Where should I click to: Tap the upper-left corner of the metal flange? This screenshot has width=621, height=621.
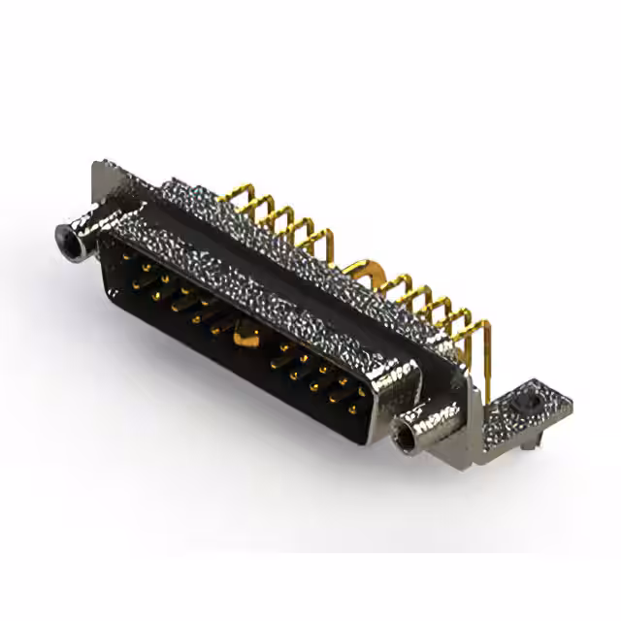click(x=98, y=168)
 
